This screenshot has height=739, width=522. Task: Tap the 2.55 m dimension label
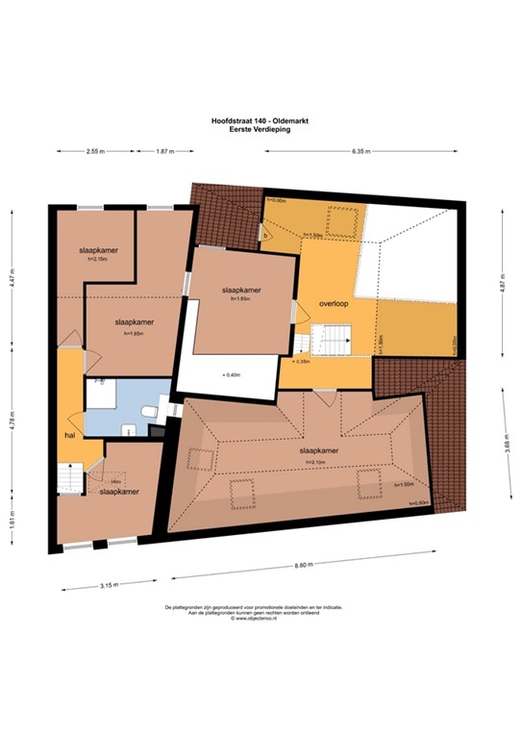(94, 152)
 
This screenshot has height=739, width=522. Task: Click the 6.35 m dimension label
(361, 152)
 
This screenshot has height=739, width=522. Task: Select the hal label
(70, 434)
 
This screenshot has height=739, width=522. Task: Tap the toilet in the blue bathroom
(148, 413)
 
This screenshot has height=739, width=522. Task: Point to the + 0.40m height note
(230, 373)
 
